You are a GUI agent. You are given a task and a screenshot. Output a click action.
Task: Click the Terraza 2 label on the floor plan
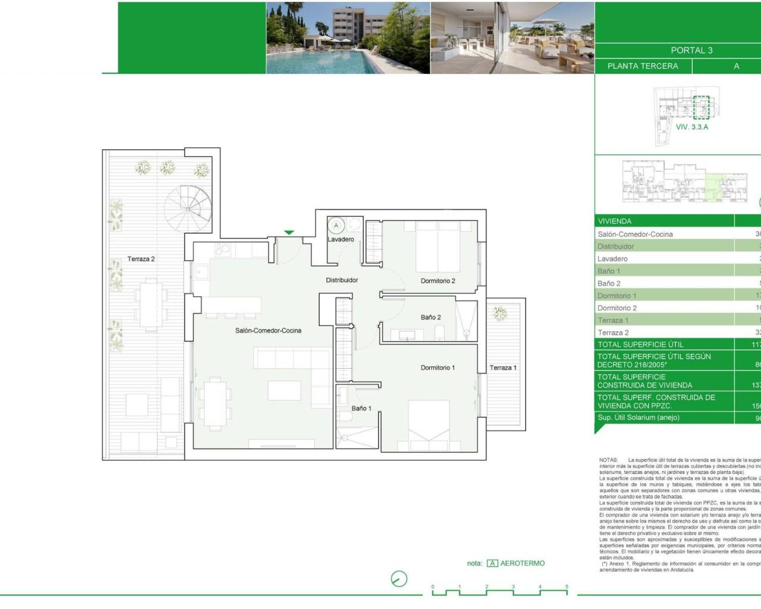pyautogui.click(x=141, y=259)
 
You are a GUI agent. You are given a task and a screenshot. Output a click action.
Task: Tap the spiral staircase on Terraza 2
pyautogui.click(x=188, y=209)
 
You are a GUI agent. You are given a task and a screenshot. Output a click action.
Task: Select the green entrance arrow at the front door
pyautogui.click(x=289, y=233)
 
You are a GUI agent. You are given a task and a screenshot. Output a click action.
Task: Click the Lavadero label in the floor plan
pyautogui.click(x=341, y=240)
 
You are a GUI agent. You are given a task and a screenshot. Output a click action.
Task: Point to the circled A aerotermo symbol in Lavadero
pyautogui.click(x=337, y=225)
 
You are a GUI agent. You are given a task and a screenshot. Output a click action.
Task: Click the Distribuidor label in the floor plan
pyautogui.click(x=342, y=280)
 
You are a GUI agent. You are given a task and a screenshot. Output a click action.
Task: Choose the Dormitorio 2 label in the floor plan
pyautogui.click(x=438, y=281)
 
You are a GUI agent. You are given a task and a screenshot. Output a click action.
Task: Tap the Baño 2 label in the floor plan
pyautogui.click(x=430, y=318)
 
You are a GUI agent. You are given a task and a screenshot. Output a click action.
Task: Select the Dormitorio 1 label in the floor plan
pyautogui.click(x=438, y=368)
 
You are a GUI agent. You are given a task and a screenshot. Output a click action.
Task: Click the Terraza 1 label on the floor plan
pyautogui.click(x=503, y=368)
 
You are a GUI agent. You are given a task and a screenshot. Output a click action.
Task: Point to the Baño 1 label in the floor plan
pyautogui.click(x=361, y=409)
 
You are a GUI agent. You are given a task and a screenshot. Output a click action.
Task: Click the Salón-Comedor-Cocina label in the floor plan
pyautogui.click(x=268, y=331)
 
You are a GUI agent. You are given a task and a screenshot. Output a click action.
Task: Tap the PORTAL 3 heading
pyautogui.click(x=691, y=51)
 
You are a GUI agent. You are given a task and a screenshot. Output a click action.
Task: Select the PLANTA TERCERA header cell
pyautogui.click(x=643, y=66)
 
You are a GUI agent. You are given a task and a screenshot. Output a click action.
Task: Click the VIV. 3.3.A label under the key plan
pyautogui.click(x=692, y=127)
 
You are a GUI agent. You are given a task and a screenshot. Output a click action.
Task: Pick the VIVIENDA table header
pyautogui.click(x=615, y=221)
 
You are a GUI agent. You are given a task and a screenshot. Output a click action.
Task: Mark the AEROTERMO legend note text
pyautogui.click(x=522, y=563)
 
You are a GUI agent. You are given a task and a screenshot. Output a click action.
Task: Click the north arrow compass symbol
pyautogui.click(x=399, y=579)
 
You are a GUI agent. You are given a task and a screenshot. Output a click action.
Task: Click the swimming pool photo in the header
pyautogui.click(x=348, y=37)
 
